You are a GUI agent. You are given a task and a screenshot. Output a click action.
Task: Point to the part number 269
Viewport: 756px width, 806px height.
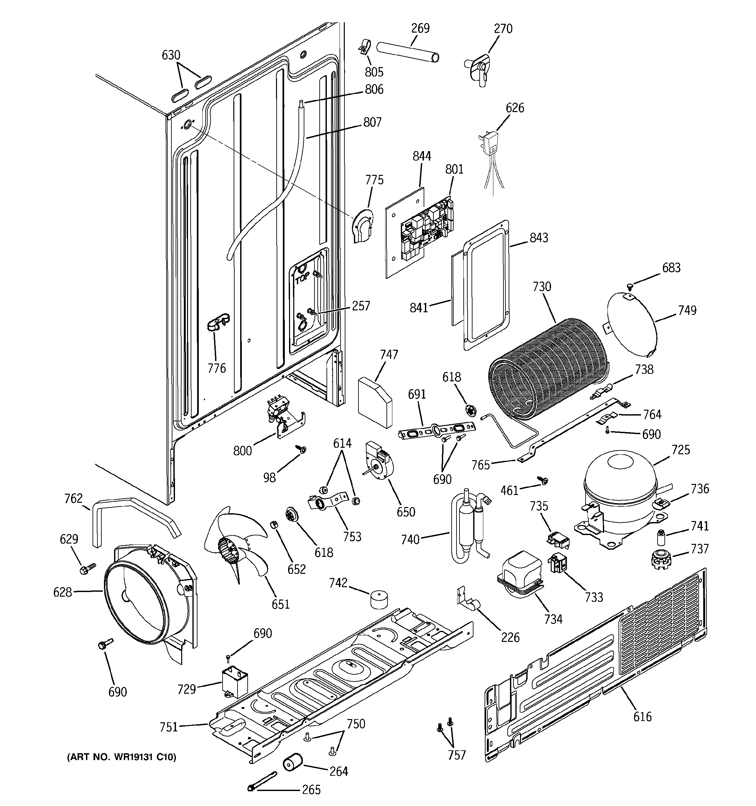pos(420,28)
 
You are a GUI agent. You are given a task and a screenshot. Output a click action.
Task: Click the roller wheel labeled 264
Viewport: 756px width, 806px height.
pos(293,763)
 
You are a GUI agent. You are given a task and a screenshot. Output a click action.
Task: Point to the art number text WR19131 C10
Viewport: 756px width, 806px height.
pos(122,757)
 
